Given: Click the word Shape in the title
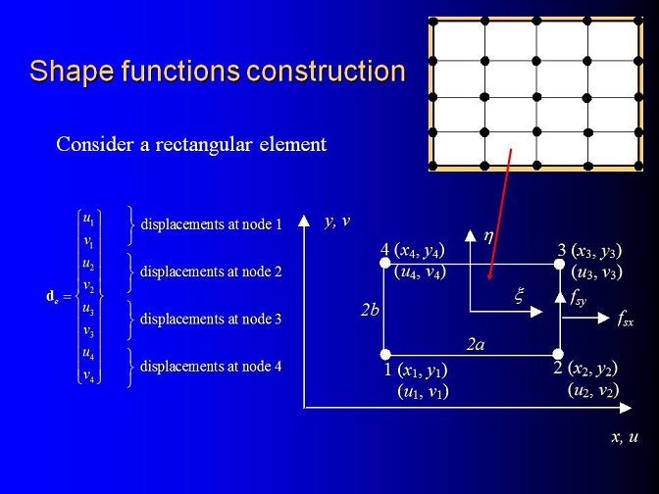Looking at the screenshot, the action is pos(72,72).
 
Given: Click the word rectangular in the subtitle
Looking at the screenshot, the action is pos(204,144).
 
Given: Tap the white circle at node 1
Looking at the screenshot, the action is pos(385,355).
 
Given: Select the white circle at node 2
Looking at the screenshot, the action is pos(558,354).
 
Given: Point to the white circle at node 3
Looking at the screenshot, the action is pos(559,265).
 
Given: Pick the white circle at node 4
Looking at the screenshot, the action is pos(385,263).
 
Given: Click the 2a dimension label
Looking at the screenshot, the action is pos(476,344).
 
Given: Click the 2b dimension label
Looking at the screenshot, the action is pos(370,310).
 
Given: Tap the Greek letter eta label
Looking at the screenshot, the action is pos(488,236).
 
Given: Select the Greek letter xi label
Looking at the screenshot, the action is pos(520,295).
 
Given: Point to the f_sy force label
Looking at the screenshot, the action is pos(578,297).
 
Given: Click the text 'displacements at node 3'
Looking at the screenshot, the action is pos(211,319).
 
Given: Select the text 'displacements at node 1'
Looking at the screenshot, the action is pos(212,224).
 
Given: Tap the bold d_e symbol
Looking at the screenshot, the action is pos(52,297).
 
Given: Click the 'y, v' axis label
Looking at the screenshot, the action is pos(337,222).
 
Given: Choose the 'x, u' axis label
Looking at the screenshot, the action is pos(625,437).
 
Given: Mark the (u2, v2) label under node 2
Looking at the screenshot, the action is pos(593,391).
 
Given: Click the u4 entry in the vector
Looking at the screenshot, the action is pos(88,353).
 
